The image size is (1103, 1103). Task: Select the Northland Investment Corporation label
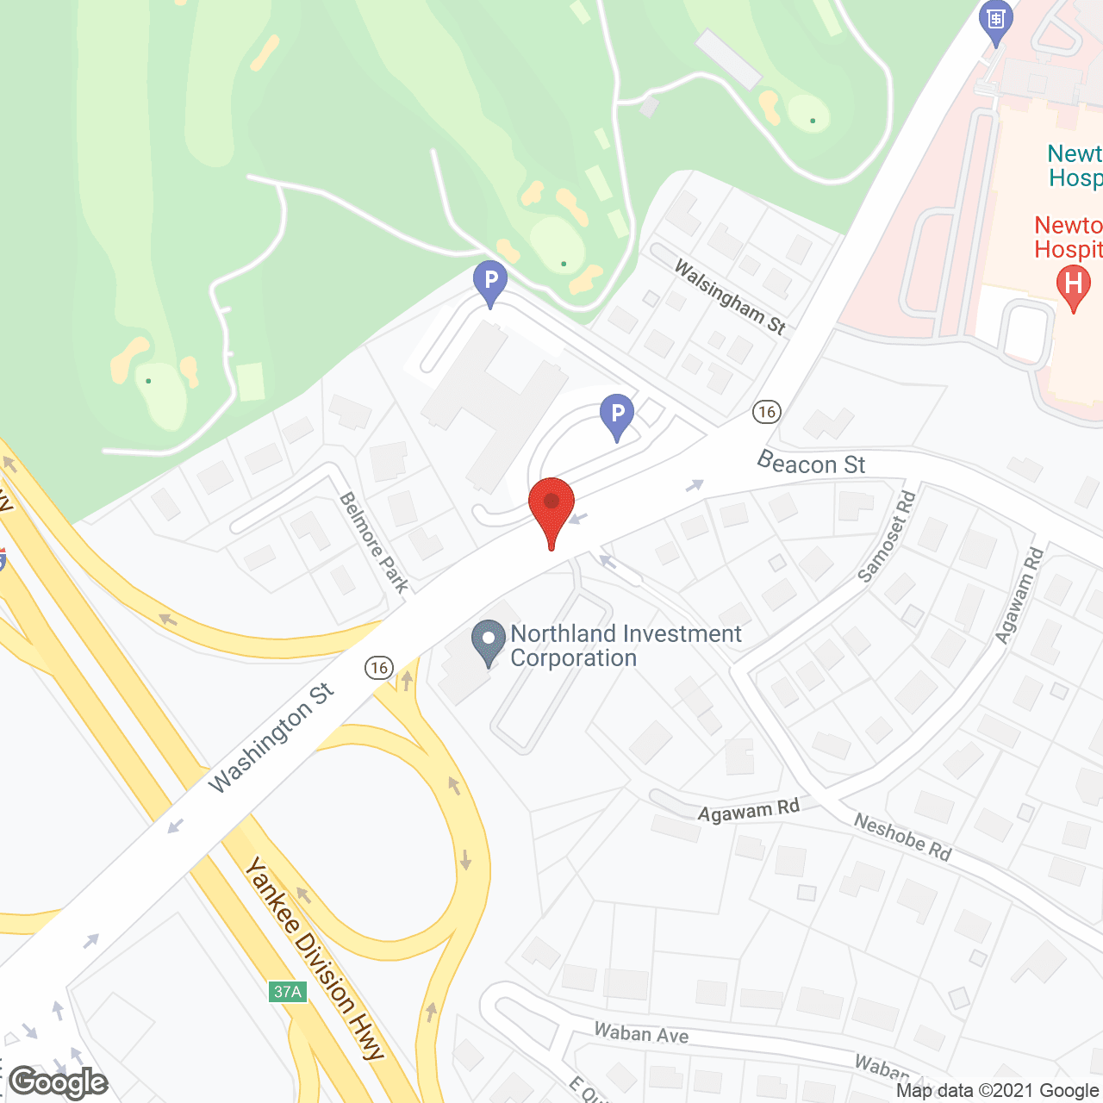point(625,645)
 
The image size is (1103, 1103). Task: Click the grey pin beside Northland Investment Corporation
point(489,642)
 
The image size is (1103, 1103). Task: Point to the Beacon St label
point(811,464)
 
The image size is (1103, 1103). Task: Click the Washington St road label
point(271,738)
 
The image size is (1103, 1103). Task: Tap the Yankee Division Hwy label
point(314,957)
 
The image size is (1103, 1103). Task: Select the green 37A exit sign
point(288,992)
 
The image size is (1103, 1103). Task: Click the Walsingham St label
point(730,296)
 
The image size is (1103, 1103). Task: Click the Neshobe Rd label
point(902,837)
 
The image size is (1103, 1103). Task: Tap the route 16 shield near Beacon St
point(766,412)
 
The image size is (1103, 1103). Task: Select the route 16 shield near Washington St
point(378,668)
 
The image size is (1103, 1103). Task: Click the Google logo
point(59,1082)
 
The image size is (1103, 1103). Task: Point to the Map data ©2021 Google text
point(997,1091)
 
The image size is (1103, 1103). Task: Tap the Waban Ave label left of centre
point(641,1032)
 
